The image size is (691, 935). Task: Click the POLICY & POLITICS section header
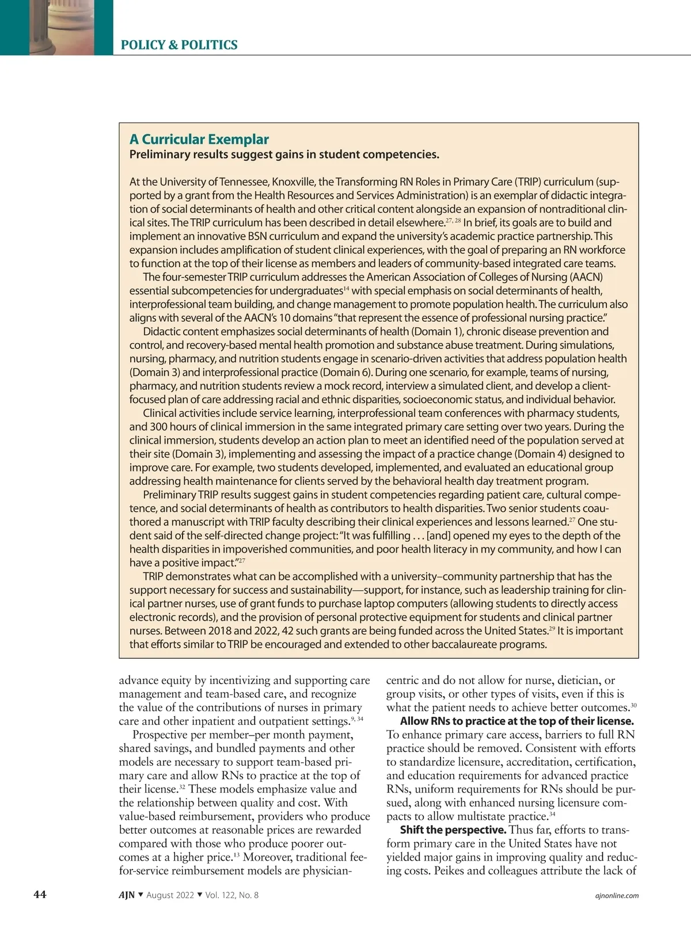(179, 45)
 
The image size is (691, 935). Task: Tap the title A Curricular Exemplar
(199, 139)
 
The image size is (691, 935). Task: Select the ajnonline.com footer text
(616, 895)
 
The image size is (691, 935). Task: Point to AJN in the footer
(127, 895)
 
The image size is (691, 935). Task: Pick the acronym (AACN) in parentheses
(581, 277)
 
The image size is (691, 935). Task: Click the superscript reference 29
(552, 628)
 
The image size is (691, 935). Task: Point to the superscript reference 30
(633, 705)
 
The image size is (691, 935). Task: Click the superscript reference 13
(237, 855)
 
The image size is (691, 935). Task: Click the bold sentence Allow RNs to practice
(517, 721)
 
